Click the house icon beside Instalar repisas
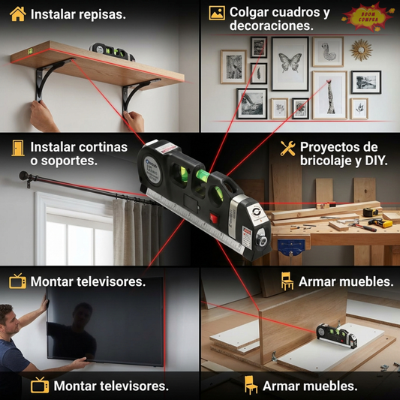tap(18, 14)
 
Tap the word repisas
tap(101, 14)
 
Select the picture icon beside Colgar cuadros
tap(217, 13)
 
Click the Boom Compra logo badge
tap(367, 16)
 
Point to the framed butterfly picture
tap(290, 63)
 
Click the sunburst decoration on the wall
tap(361, 51)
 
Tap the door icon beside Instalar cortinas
tap(17, 149)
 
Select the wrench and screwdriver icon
tap(287, 148)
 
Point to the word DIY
tap(375, 161)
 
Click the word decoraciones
tap(272, 26)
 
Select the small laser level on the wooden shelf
tap(113, 51)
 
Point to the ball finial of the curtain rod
tap(23, 178)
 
